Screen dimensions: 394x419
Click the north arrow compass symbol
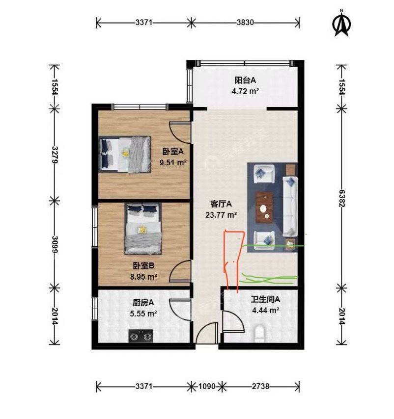341,23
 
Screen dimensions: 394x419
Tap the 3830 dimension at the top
245,23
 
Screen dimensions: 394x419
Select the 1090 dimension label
207,387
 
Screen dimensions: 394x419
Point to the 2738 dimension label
260,387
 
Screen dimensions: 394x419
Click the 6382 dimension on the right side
342,199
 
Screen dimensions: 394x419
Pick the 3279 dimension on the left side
55,155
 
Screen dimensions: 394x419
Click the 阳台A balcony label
245,80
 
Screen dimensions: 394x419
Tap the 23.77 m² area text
221,215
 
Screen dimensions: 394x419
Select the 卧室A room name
173,152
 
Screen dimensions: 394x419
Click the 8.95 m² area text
143,277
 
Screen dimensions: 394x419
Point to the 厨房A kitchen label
143,303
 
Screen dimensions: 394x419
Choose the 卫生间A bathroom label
265,299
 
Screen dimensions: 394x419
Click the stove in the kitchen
141,336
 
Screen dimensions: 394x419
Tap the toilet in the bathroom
259,333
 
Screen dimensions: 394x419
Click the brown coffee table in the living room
264,207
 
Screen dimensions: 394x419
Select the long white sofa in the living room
290,206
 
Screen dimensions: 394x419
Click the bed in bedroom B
143,229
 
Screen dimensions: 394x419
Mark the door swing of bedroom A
180,132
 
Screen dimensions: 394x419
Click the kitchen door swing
180,310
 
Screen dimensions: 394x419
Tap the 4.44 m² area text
266,311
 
